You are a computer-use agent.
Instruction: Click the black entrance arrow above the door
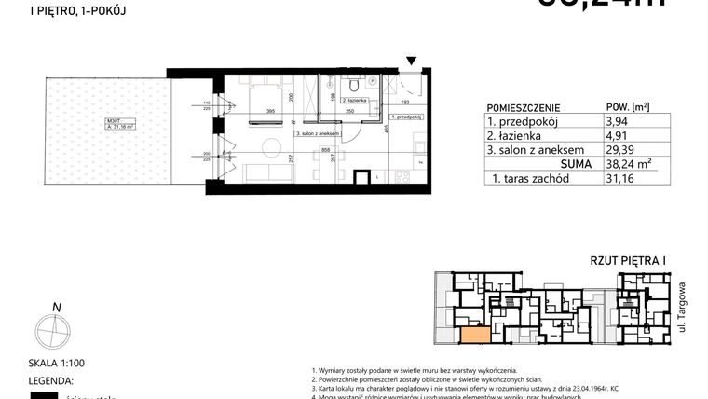(x=412, y=62)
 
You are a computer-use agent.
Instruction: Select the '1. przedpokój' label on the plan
(x=406, y=117)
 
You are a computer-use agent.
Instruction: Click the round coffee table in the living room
(x=273, y=145)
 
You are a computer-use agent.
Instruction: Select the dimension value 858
(x=325, y=149)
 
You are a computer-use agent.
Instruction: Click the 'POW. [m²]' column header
(x=627, y=106)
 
